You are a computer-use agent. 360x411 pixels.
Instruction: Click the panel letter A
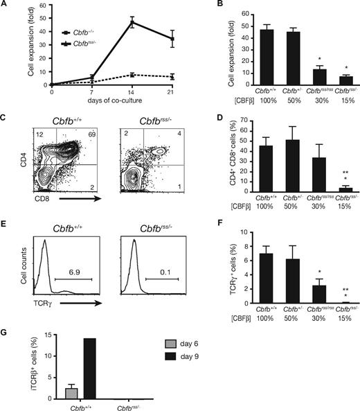[x=6, y=6]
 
